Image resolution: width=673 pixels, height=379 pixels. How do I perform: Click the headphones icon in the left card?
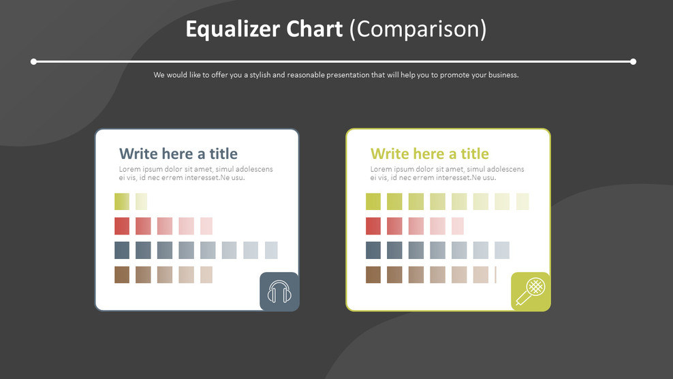tap(279, 292)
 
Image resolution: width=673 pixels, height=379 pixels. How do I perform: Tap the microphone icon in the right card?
tap(531, 292)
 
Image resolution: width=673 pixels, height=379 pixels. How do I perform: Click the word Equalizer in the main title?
tap(230, 29)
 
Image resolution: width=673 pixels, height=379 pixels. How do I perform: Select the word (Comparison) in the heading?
tap(418, 29)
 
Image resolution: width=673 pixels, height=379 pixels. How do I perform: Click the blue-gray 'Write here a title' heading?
tap(178, 153)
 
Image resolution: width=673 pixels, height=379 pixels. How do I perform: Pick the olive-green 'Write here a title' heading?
tap(429, 153)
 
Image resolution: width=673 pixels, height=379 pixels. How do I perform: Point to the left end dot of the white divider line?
tap(34, 61)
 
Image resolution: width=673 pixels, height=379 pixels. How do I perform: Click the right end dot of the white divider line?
tap(633, 61)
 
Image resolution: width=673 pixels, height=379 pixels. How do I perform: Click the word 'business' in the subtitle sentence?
tap(503, 75)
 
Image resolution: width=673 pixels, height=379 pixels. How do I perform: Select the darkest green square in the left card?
tap(122, 201)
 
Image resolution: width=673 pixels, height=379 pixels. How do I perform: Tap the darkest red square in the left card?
tap(122, 226)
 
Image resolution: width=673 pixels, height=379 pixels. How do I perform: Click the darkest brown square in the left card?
tap(122, 275)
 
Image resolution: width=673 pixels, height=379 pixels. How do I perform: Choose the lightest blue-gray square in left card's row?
tap(271, 250)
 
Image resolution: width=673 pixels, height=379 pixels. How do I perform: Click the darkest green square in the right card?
tap(373, 201)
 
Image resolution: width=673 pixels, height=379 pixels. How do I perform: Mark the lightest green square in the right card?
tap(522, 201)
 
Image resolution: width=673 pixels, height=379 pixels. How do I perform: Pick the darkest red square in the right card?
tap(373, 226)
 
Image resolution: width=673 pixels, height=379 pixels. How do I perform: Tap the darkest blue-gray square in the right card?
tap(373, 250)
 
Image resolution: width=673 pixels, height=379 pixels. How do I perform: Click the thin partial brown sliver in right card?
tap(495, 275)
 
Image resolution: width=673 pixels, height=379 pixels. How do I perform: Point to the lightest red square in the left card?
tap(206, 226)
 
